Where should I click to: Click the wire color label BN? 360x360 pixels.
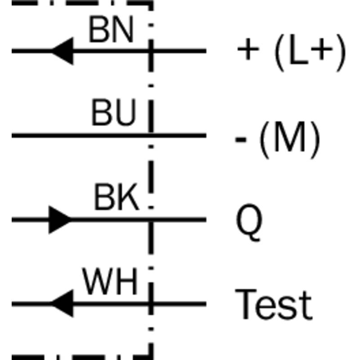pos(111,29)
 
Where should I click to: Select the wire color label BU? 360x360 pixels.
pos(114,112)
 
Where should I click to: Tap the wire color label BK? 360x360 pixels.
pos(117,197)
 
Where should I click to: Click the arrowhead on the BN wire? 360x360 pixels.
pos(62,51)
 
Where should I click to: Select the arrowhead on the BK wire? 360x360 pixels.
pos(60,220)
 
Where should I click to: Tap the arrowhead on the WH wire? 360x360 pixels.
pos(62,304)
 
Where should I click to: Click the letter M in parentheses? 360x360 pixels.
pos(290,137)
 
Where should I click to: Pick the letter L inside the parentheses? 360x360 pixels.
pos(299,49)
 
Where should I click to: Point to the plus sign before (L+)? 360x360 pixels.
pos(248,49)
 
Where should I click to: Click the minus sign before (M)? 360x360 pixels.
pos(241,139)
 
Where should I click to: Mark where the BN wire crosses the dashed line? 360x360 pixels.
pos(151,51)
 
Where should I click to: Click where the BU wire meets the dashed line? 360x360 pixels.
pos(151,135)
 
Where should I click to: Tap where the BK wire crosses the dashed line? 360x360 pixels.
pos(151,220)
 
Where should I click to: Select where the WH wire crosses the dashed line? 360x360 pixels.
pos(151,304)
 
